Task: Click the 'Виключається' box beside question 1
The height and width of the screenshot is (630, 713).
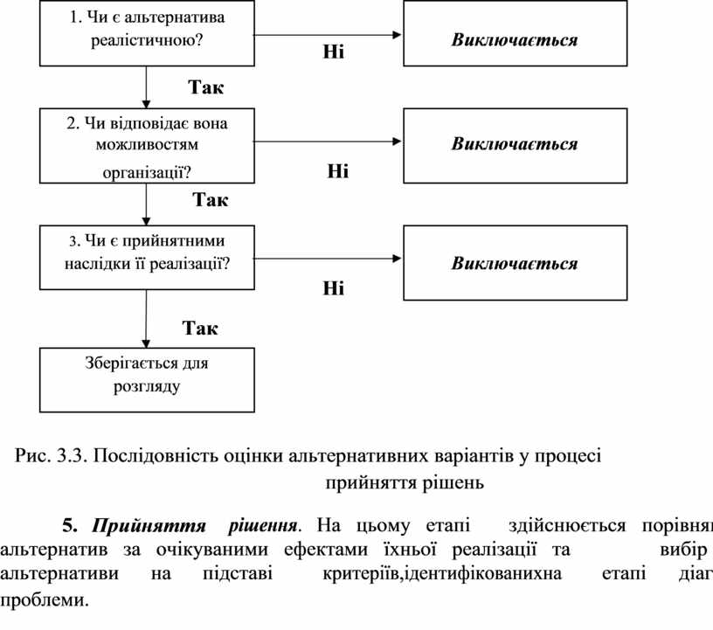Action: (x=514, y=40)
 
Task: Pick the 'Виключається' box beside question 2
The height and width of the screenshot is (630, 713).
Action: (x=514, y=144)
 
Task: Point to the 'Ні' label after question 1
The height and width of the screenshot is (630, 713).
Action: (x=333, y=53)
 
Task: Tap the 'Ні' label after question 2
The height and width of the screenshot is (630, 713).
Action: (x=337, y=171)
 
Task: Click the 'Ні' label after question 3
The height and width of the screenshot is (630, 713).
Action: (x=333, y=288)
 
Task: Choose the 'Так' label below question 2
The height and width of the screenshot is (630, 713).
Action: (x=210, y=201)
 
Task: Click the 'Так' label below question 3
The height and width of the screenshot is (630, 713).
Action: (x=200, y=329)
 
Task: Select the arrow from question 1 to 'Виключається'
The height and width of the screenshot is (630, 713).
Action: (x=327, y=35)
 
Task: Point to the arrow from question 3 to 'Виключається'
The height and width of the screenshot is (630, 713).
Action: (x=327, y=259)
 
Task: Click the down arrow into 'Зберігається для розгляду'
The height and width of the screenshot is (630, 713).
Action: (x=146, y=320)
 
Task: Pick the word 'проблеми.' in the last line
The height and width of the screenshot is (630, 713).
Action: (x=45, y=601)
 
